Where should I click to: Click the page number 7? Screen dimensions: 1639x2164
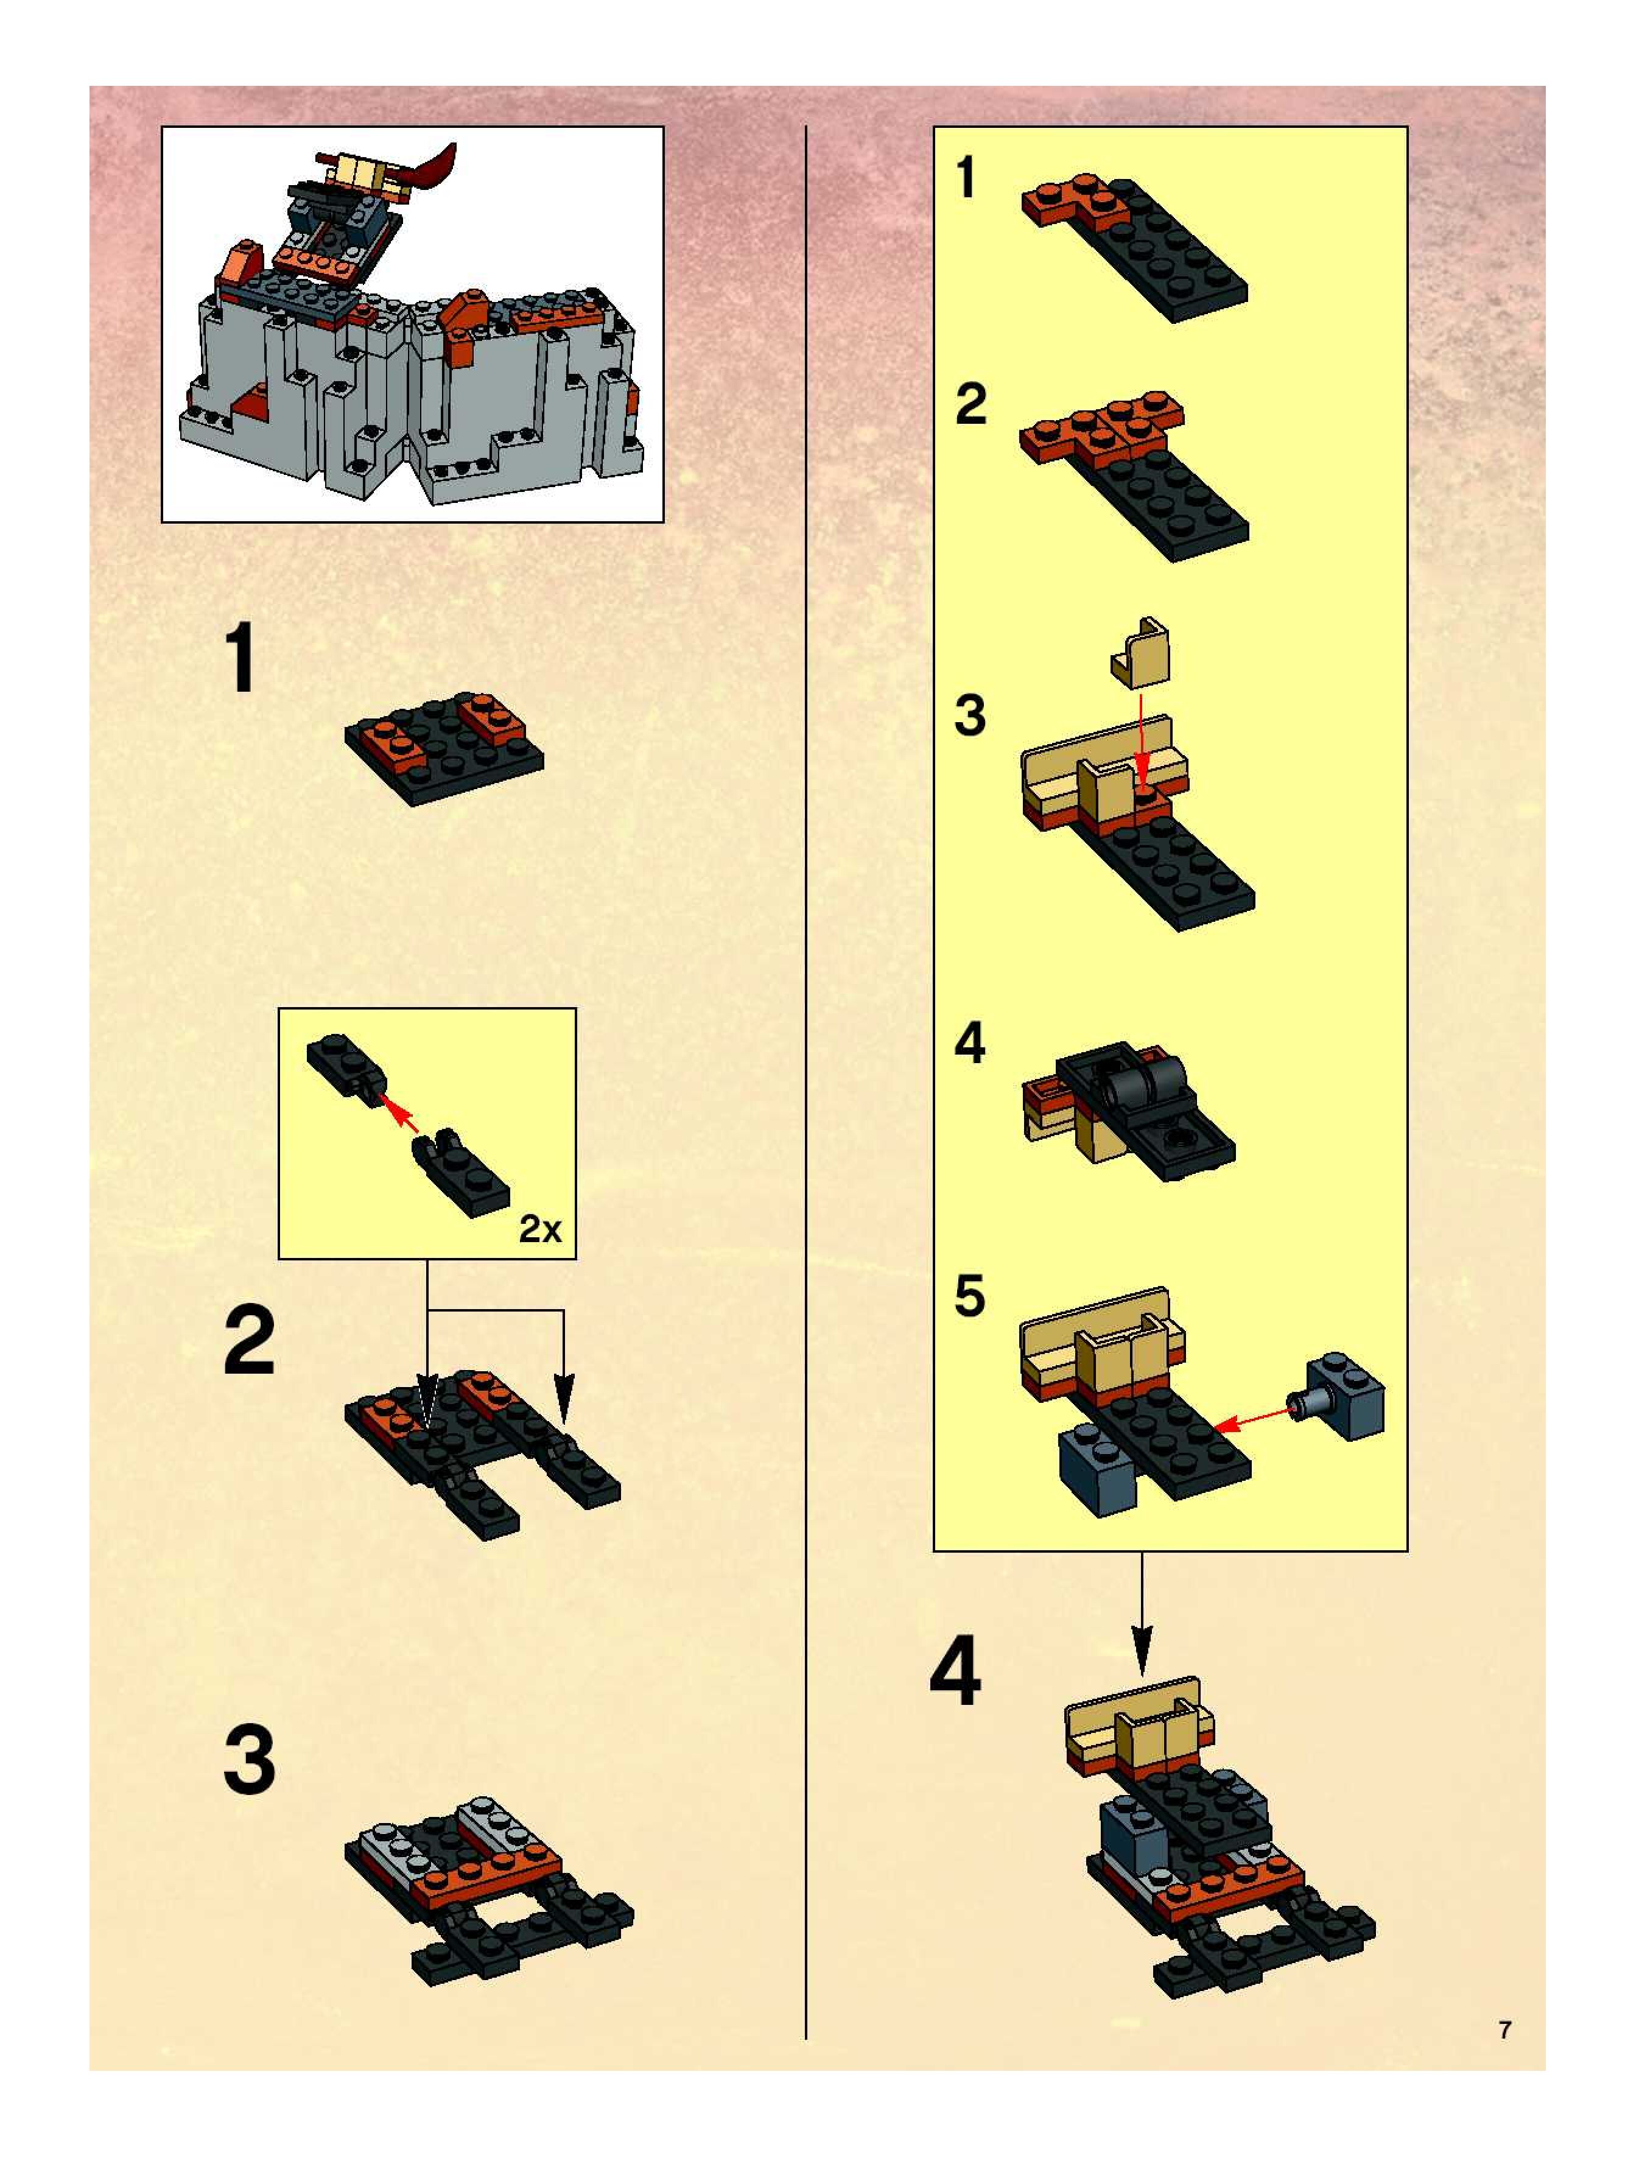[1505, 2030]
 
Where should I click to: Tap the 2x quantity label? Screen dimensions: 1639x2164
[540, 1229]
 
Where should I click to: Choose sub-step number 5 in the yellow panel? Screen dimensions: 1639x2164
[970, 1296]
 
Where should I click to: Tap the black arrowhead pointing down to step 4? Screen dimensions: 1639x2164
[1141, 1650]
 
